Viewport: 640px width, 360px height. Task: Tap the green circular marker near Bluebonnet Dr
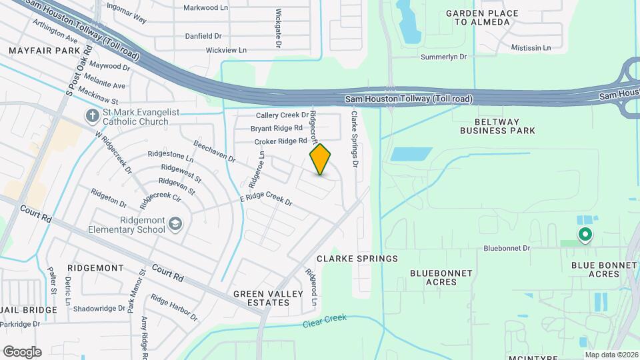click(x=585, y=235)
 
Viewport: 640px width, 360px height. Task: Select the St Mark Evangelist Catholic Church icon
click(x=93, y=117)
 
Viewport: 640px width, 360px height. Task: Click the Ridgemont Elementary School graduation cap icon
click(x=175, y=224)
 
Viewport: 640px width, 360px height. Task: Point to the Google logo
click(x=22, y=352)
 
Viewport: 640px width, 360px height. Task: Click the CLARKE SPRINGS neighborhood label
click(x=357, y=259)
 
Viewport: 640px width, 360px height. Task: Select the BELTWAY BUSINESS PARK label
click(x=497, y=126)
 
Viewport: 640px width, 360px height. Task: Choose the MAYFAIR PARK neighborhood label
click(x=44, y=50)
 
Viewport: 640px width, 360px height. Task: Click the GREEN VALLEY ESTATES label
click(x=261, y=297)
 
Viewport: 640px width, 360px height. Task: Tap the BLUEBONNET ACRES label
click(x=441, y=277)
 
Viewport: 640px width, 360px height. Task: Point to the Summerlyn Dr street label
click(x=443, y=57)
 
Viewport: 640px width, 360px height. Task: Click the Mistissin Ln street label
click(x=531, y=48)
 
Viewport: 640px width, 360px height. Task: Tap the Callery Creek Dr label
click(x=278, y=115)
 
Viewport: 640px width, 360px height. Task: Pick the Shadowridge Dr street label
click(x=99, y=309)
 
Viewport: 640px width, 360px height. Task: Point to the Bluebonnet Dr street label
click(x=507, y=248)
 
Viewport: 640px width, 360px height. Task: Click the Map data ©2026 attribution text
click(x=611, y=355)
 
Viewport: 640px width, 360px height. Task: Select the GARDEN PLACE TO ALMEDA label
click(x=483, y=17)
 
